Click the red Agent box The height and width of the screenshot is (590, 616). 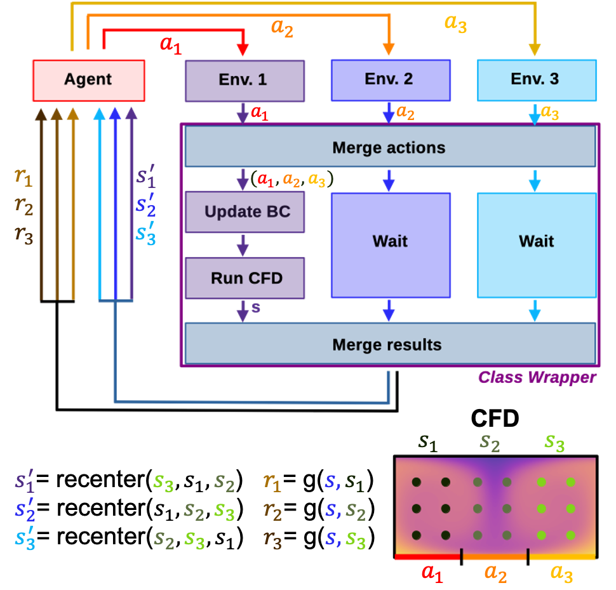pos(88,80)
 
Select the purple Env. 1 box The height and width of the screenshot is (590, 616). pos(244,80)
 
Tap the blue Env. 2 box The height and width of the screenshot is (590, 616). pos(391,79)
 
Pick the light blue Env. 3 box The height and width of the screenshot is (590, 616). pos(537,79)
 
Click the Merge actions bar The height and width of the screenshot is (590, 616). pos(389,147)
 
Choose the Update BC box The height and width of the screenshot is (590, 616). pos(244,211)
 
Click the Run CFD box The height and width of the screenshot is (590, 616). pos(244,278)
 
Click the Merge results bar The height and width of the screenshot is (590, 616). pos(389,345)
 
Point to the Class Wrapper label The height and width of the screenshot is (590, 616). pos(537,377)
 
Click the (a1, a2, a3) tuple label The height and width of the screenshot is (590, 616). pos(292,179)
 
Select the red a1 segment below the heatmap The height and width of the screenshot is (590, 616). pos(427,557)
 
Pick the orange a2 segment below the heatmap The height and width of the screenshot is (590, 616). pos(495,557)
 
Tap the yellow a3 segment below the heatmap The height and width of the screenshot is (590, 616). pos(563,557)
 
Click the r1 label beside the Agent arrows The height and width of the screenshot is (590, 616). pos(23,178)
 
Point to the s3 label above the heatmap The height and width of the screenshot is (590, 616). pos(555,443)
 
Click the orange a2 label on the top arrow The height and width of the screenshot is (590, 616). pos(282,27)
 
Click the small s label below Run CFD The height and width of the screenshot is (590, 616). pos(256,308)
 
